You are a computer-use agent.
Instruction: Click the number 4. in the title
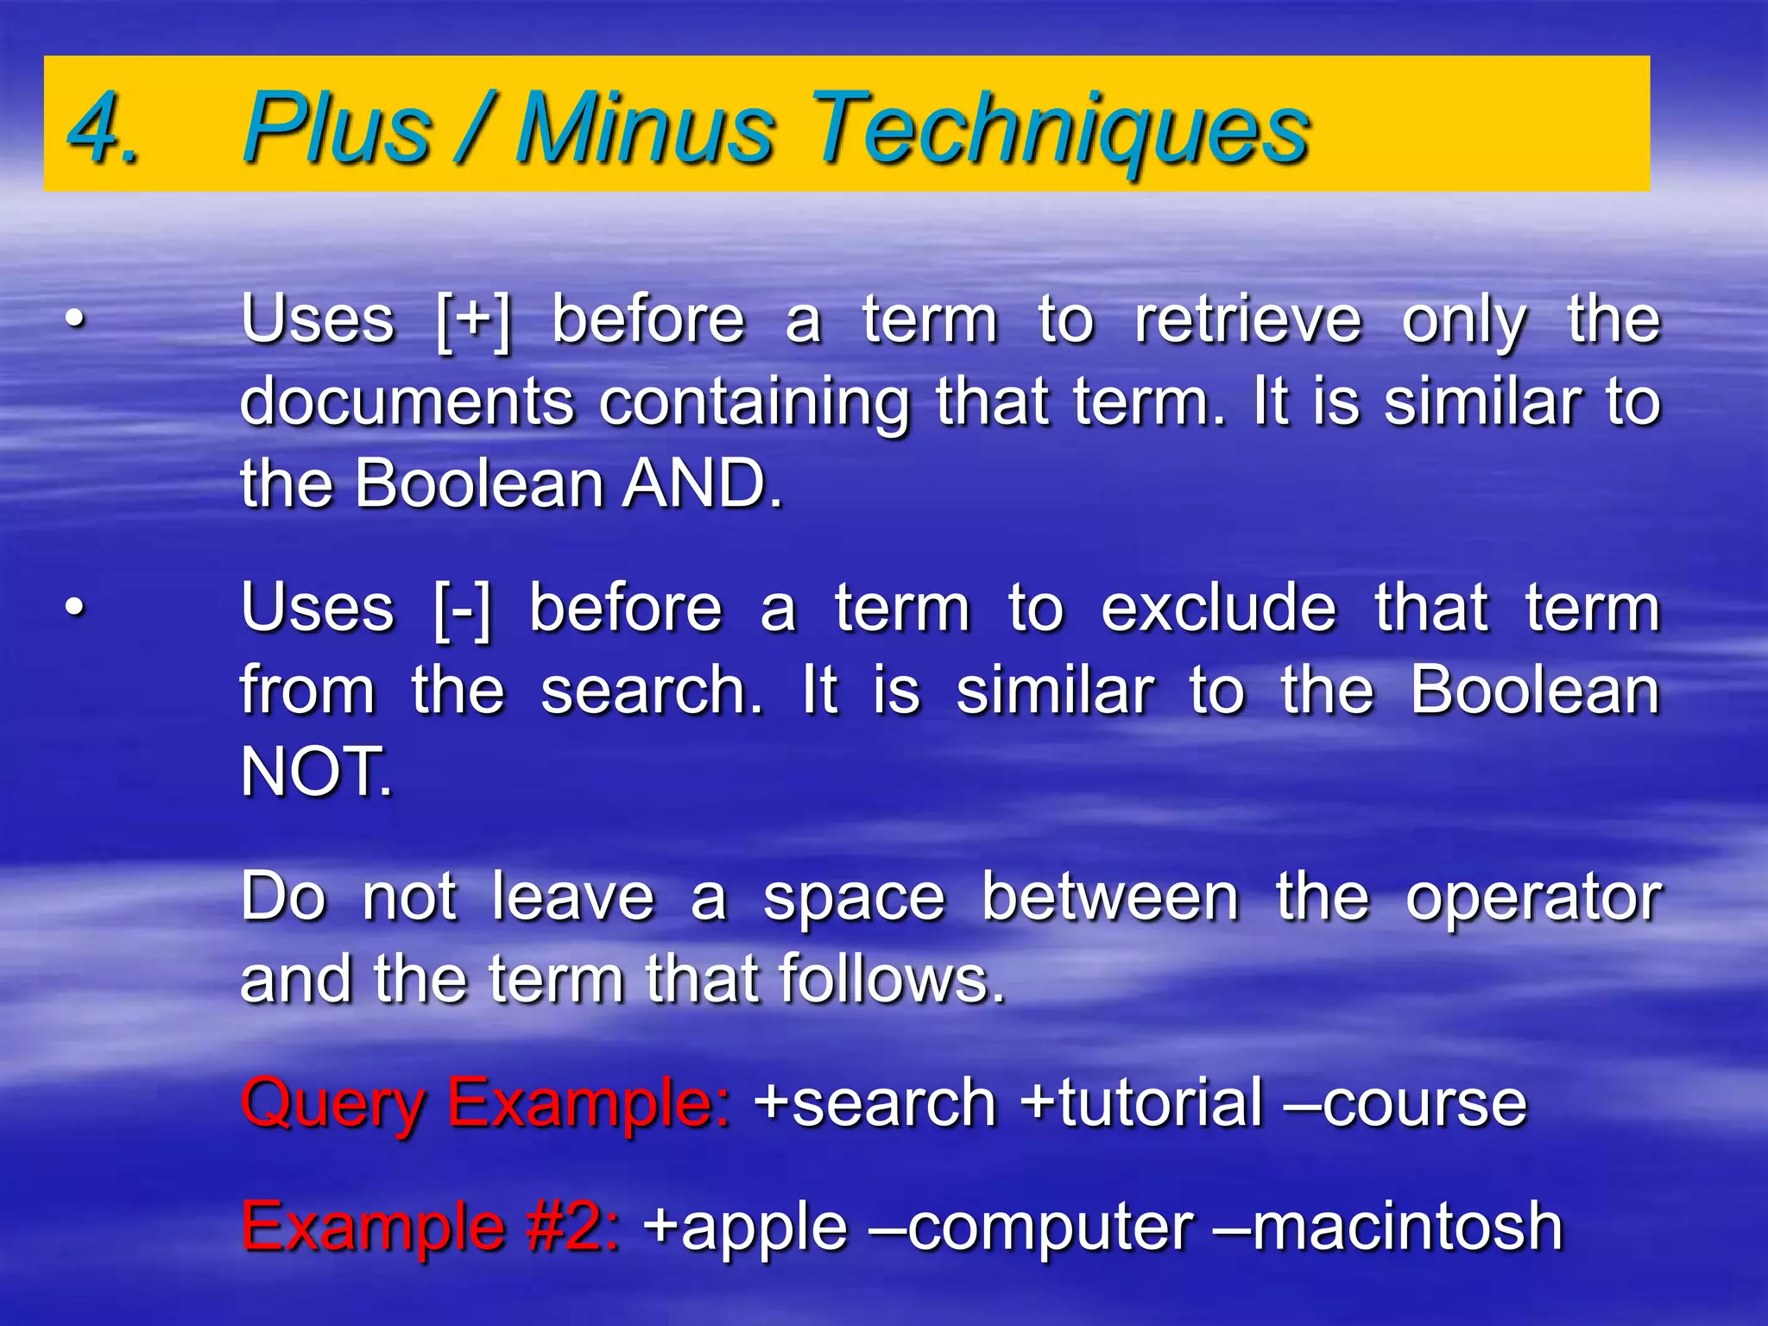click(x=104, y=128)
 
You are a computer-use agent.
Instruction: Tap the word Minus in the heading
click(x=645, y=128)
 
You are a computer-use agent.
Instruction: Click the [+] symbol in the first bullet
click(x=473, y=321)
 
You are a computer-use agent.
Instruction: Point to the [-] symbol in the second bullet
click(x=462, y=609)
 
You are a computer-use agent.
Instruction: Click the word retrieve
click(x=1247, y=321)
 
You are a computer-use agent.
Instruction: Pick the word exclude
click(x=1218, y=609)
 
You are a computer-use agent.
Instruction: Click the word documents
click(x=407, y=402)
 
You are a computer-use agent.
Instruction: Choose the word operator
click(x=1533, y=898)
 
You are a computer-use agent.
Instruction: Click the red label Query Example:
click(x=486, y=1104)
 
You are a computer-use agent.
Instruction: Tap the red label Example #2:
click(x=431, y=1227)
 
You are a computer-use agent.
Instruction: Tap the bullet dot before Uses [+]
click(x=76, y=321)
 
